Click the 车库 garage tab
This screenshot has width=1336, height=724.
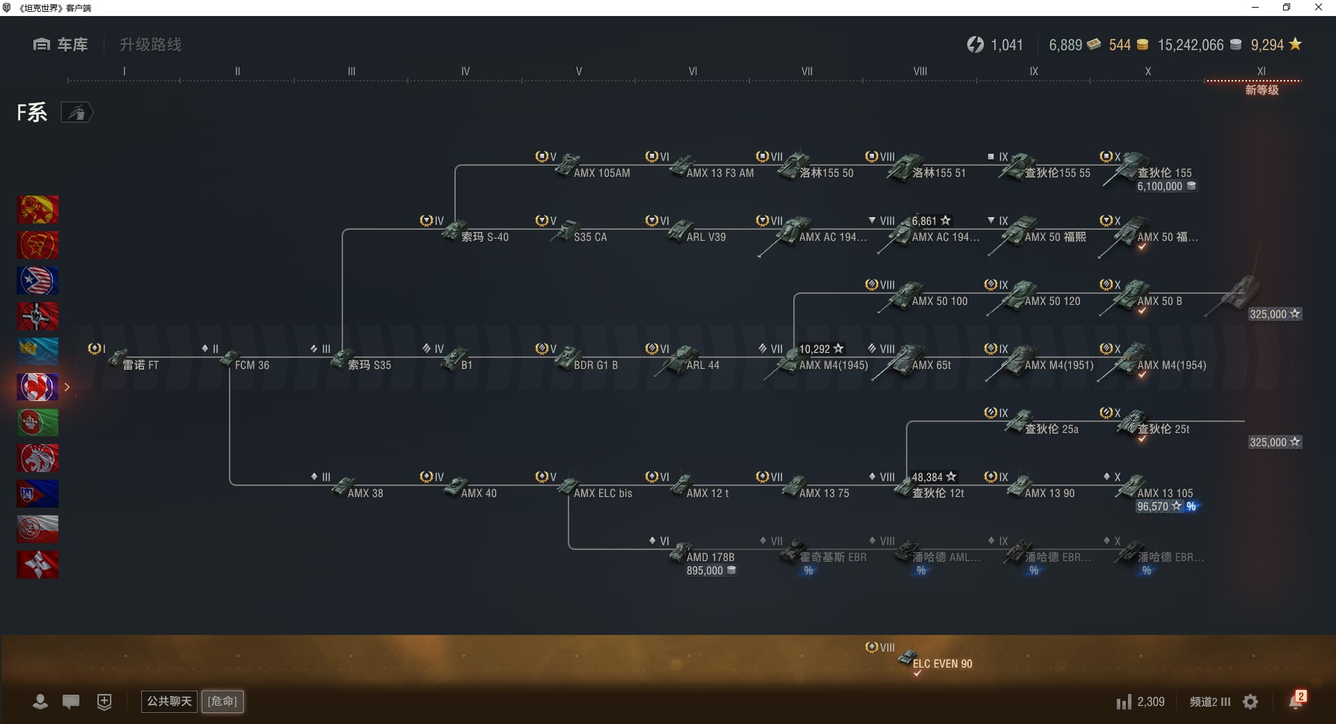(x=61, y=45)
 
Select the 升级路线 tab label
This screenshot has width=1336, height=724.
(x=150, y=45)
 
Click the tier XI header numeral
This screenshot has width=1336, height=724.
(x=1261, y=71)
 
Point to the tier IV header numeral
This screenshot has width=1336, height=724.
(x=465, y=71)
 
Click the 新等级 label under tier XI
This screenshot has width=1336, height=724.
(x=1262, y=90)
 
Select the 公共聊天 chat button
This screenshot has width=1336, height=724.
(x=169, y=701)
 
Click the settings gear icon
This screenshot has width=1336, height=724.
(x=1250, y=702)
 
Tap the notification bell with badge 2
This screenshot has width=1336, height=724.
(x=1296, y=701)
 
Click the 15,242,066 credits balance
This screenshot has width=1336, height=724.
(x=1190, y=45)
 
